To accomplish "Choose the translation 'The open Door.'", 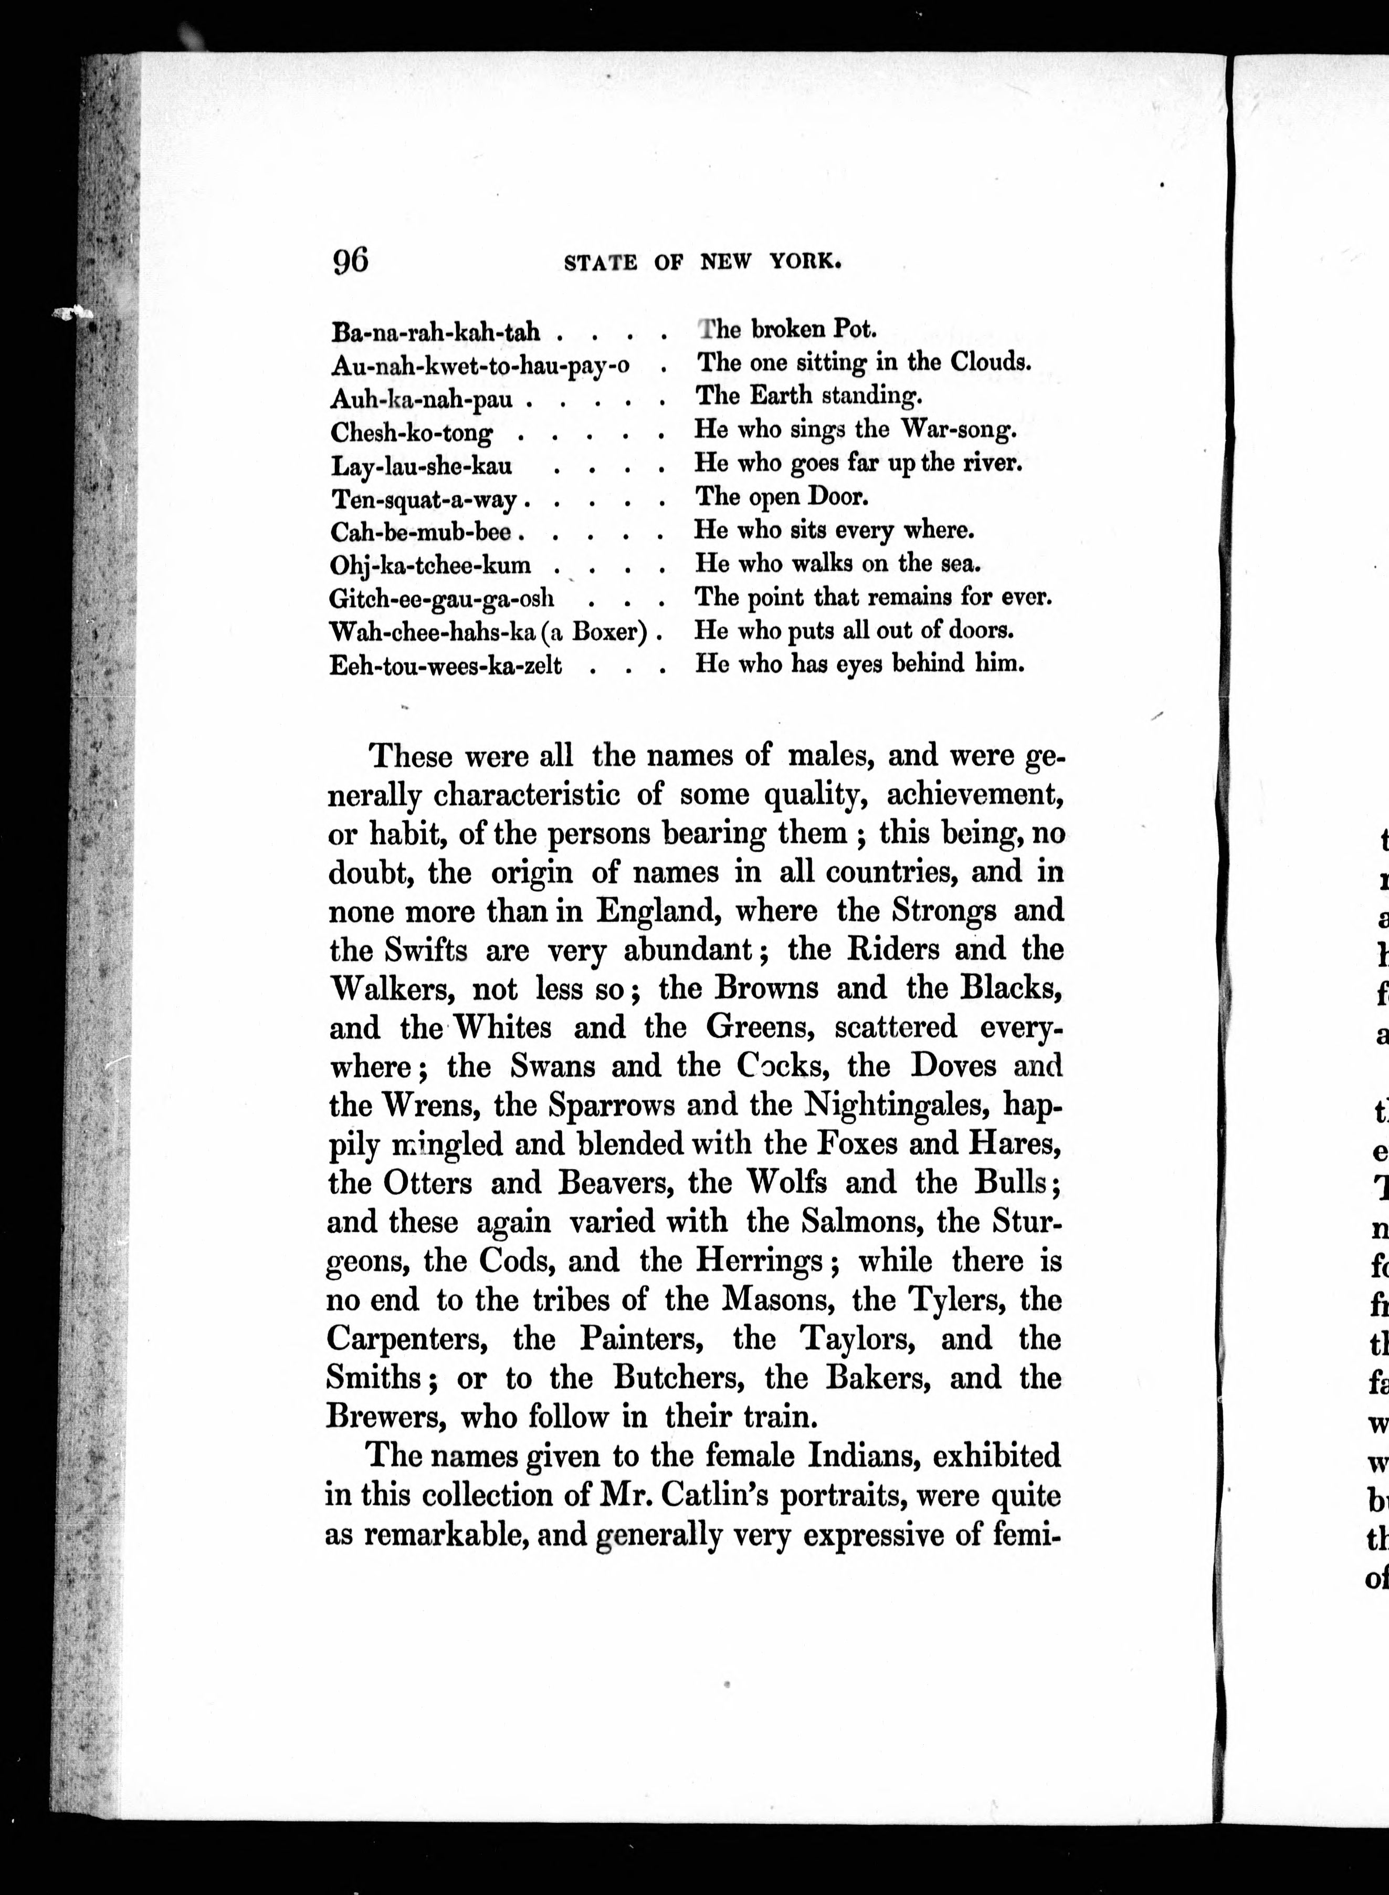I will point(782,496).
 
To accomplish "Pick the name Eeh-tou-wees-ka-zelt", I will point(446,666).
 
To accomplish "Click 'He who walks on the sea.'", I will point(837,564).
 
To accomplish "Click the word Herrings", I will point(759,1261).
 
